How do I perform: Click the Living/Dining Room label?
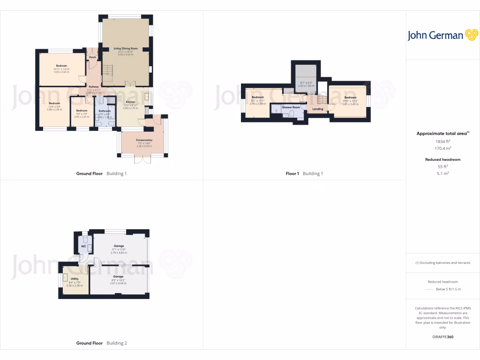[125, 48]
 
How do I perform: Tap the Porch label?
[92, 57]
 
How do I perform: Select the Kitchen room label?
[130, 102]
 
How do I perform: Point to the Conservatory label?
[144, 140]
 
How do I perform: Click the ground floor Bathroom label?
[105, 111]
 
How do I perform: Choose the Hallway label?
[94, 87]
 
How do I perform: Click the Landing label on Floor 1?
[318, 109]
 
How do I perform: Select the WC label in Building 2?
[83, 246]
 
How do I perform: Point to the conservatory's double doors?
[142, 159]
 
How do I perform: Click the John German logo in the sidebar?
[442, 35]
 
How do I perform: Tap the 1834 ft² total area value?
[443, 141]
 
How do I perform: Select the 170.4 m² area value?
[443, 148]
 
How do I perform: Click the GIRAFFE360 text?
[443, 337]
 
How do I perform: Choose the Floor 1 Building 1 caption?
[304, 173]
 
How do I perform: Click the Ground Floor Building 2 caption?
[101, 343]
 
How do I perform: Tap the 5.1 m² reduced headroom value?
[443, 173]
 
